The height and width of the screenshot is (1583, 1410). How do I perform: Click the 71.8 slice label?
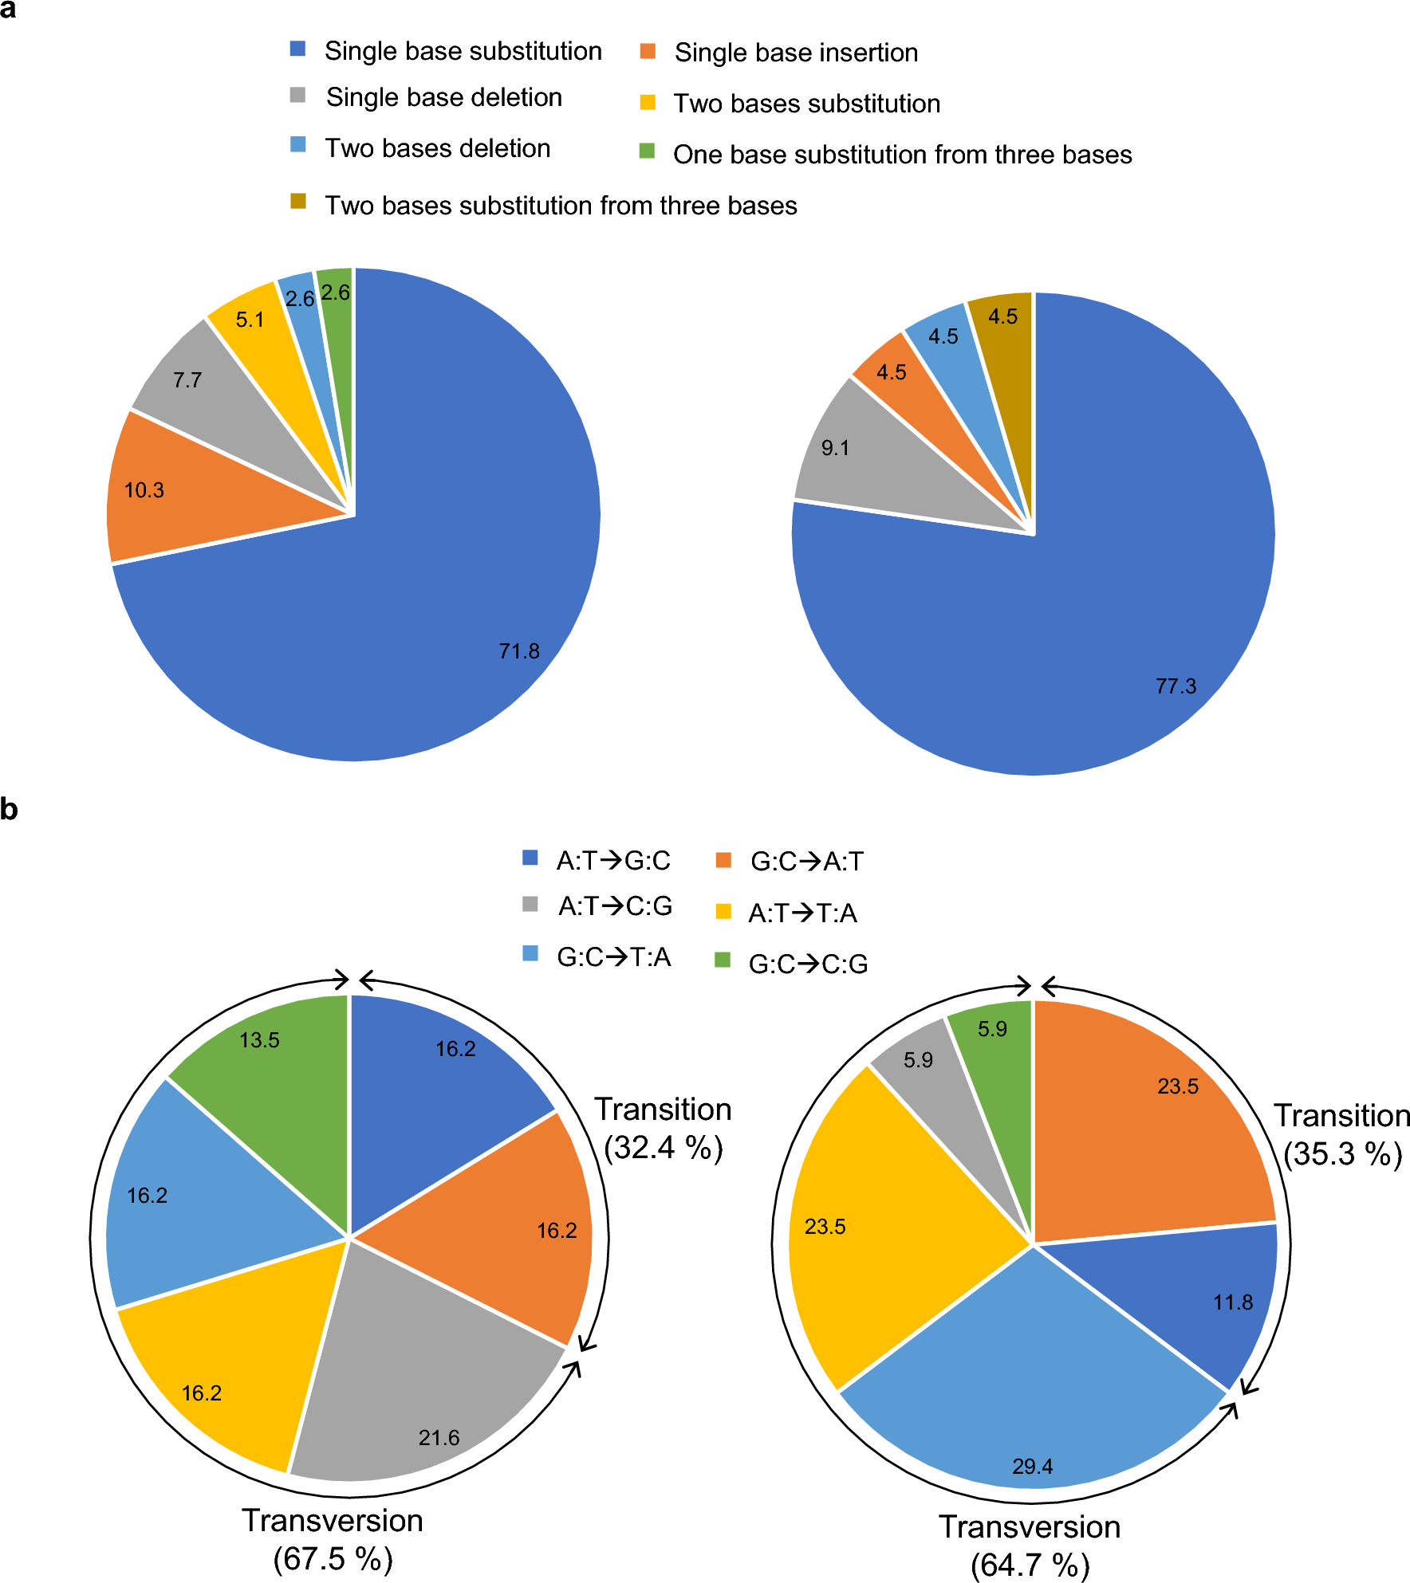click(519, 651)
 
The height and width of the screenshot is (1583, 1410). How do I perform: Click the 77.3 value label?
click(1176, 685)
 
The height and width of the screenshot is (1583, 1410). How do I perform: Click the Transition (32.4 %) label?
click(663, 1128)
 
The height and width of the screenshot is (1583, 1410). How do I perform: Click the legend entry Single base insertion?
click(795, 53)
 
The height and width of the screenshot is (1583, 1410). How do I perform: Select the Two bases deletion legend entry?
click(437, 148)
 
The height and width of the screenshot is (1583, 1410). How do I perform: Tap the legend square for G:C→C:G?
click(723, 960)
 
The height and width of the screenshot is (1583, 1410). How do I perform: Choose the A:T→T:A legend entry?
click(801, 913)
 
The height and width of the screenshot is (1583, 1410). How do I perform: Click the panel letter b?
click(9, 809)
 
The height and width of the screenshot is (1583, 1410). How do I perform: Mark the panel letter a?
click(8, 10)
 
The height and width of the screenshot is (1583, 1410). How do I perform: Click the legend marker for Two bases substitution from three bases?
click(298, 201)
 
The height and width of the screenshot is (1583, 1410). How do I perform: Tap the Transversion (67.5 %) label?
click(333, 1539)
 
